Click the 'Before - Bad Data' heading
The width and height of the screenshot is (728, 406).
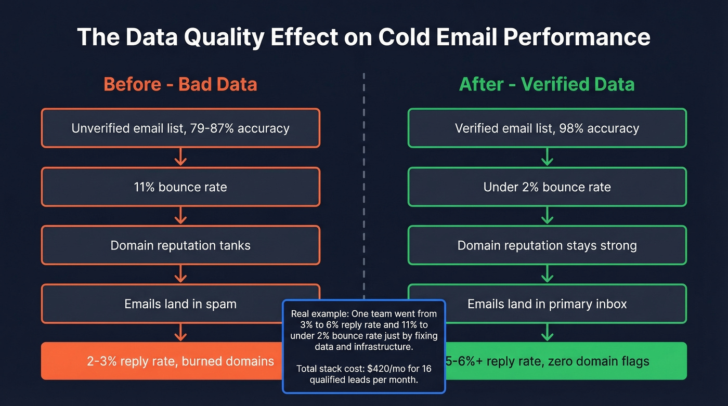pos(180,84)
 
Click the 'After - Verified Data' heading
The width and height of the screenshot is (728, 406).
pos(547,84)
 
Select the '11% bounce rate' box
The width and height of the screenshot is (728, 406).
pos(180,187)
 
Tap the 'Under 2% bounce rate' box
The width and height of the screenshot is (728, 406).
pos(547,187)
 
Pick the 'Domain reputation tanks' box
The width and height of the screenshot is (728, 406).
pos(180,245)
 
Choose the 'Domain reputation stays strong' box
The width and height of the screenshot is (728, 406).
pos(547,245)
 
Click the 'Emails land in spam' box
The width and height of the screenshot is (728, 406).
pos(180,304)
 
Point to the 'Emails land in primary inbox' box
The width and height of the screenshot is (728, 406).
pos(547,304)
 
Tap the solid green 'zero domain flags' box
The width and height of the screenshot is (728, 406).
pos(567,361)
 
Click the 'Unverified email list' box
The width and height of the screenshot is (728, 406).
pos(180,128)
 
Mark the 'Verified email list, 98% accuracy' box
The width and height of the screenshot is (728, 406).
pos(547,128)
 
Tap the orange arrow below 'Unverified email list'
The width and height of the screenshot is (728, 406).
pos(180,157)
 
